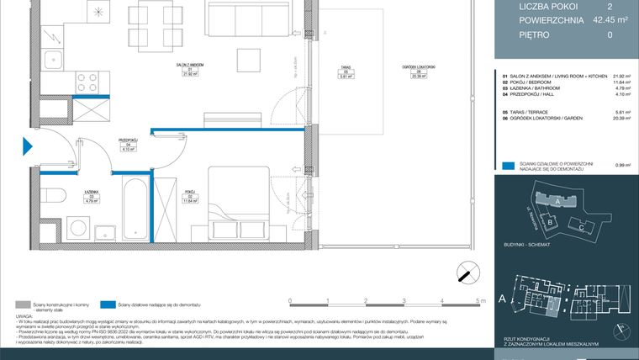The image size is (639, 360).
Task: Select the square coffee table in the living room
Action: click(x=248, y=58)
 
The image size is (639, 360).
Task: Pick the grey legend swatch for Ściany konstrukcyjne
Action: click(x=26, y=305)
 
